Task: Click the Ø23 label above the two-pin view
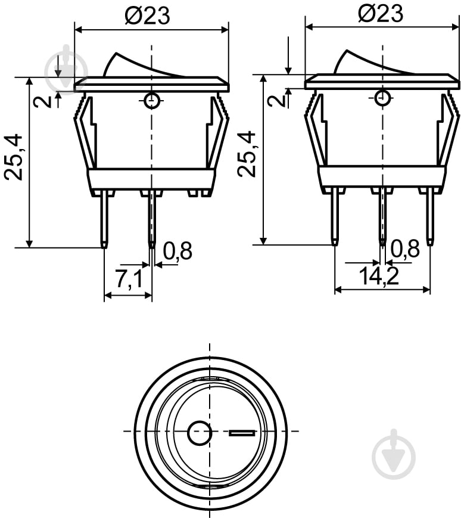click(x=147, y=15)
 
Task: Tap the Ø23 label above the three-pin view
click(x=380, y=13)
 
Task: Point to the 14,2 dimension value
click(x=379, y=276)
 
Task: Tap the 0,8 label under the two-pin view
click(x=177, y=252)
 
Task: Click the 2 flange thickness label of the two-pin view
click(x=42, y=101)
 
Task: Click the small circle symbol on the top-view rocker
click(x=199, y=433)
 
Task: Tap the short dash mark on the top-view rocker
click(x=241, y=433)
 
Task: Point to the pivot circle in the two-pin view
click(x=152, y=101)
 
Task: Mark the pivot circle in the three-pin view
click(x=382, y=97)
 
